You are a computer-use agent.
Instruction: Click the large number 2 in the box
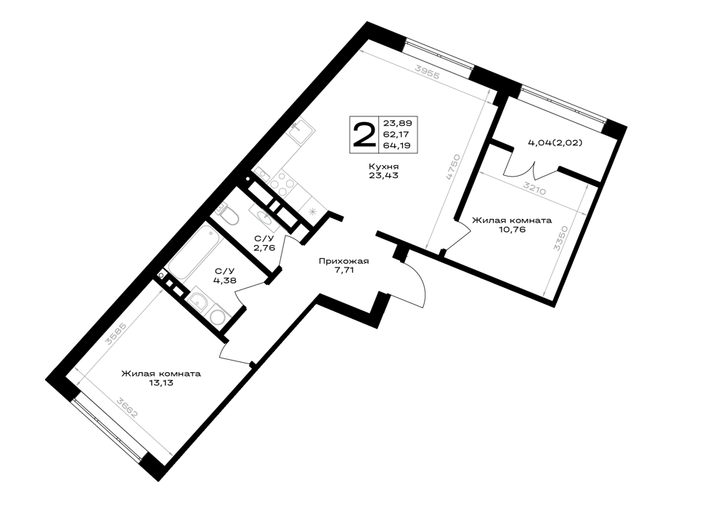coord(364,134)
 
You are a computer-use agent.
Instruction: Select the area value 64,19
coord(398,145)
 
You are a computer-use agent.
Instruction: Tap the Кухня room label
coord(384,166)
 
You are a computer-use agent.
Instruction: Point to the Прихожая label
coord(343,262)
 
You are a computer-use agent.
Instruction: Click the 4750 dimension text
coord(452,167)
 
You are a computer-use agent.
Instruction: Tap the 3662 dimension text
coord(127,407)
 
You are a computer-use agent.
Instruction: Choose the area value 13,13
coord(161,383)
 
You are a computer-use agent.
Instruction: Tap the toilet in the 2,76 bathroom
coord(229,214)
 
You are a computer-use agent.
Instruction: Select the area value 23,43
coord(384,176)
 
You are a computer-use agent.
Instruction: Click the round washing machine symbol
coord(217,316)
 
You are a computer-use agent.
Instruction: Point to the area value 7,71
coord(343,270)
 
